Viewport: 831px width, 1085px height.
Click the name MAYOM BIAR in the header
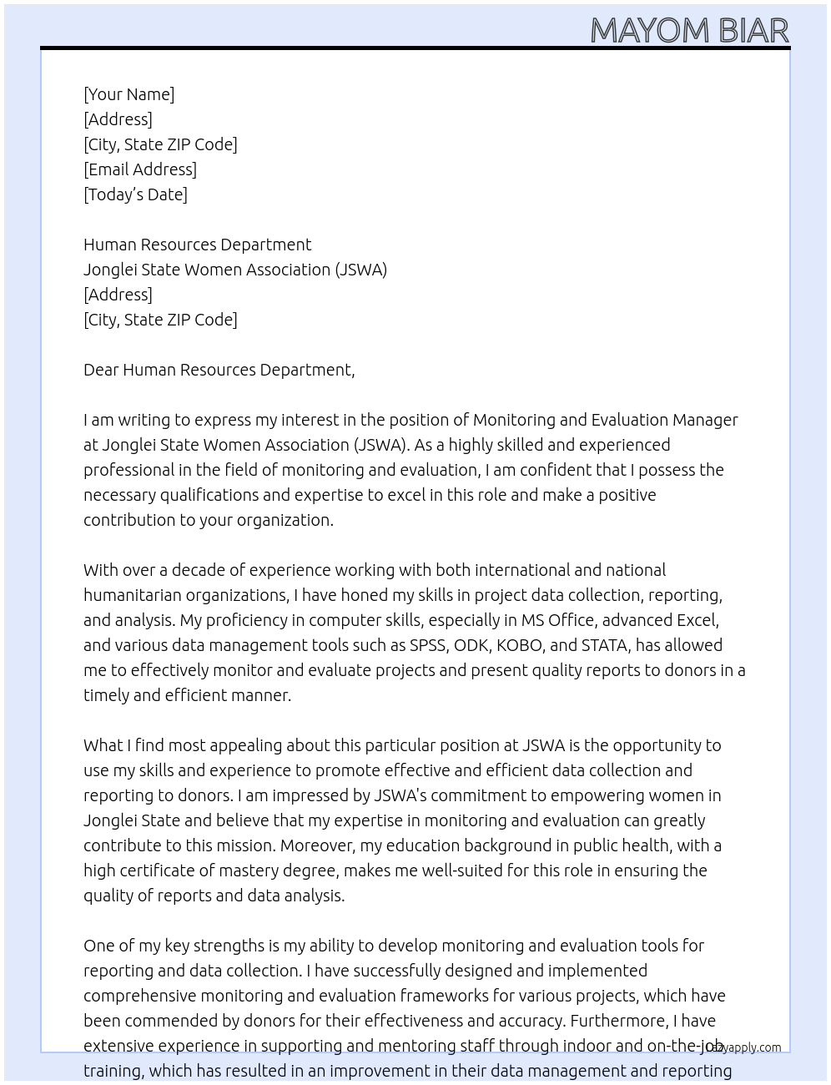click(689, 30)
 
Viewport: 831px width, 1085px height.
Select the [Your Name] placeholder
click(128, 94)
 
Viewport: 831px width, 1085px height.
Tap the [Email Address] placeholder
click(140, 169)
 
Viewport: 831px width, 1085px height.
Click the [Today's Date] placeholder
click(135, 194)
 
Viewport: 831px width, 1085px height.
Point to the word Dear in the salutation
click(101, 370)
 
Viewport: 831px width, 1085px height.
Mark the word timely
click(106, 695)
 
